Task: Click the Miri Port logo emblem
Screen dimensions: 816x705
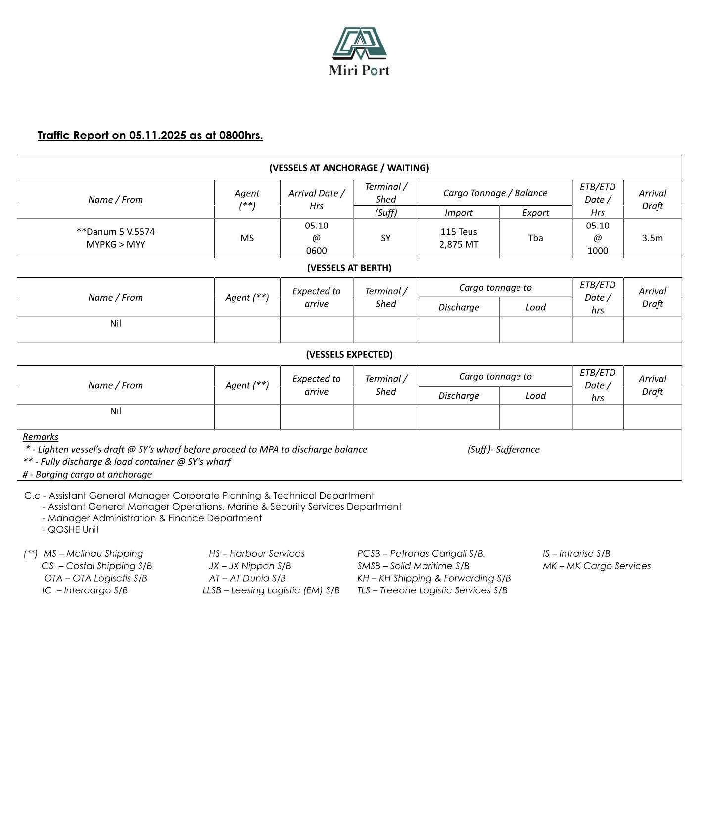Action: click(359, 44)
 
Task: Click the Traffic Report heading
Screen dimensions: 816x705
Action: click(150, 136)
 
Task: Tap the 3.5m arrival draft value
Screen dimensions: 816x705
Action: click(652, 238)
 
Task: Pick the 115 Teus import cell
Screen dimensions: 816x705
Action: click(459, 232)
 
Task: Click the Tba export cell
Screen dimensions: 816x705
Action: click(535, 238)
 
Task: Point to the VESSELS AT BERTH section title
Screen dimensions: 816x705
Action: click(349, 268)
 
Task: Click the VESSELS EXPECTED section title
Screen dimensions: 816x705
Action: click(349, 355)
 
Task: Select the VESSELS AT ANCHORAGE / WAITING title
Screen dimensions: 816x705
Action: click(349, 168)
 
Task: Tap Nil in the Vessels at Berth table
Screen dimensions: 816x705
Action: click(116, 324)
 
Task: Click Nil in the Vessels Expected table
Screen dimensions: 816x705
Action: click(116, 411)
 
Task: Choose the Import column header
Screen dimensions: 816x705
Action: click(459, 213)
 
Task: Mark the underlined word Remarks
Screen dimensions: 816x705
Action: click(41, 437)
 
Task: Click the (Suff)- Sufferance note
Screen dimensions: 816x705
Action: click(503, 450)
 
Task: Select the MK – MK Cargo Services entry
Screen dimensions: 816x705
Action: click(596, 566)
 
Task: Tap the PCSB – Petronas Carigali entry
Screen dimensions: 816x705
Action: click(421, 554)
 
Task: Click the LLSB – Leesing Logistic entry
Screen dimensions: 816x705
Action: click(271, 590)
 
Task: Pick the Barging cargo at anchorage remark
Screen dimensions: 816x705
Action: click(88, 475)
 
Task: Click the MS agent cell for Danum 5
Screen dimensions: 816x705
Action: click(247, 238)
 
